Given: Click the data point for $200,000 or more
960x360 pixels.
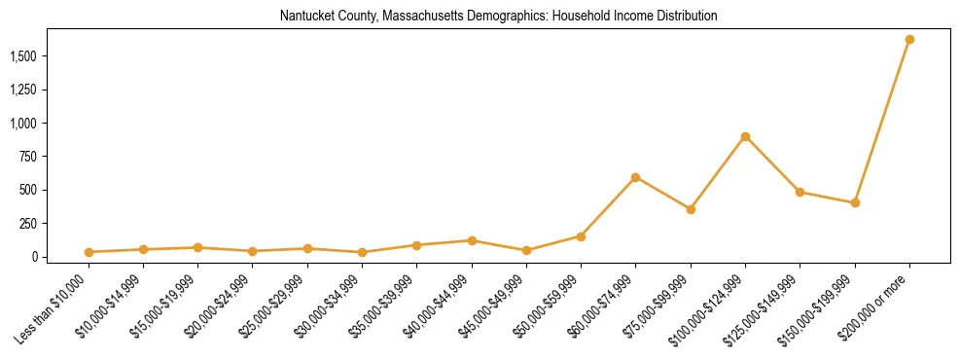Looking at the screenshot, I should coord(909,40).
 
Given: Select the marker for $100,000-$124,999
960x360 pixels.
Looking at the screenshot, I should coord(745,136).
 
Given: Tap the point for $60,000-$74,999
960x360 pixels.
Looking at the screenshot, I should coord(635,177).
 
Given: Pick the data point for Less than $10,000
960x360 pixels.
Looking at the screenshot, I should coord(89,252).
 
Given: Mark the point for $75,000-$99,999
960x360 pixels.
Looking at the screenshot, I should coord(691,209).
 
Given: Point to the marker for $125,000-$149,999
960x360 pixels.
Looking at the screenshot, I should coord(800,192).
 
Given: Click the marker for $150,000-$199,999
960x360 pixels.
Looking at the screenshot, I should coord(855,202).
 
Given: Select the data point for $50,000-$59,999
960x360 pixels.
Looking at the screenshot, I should coord(581,236).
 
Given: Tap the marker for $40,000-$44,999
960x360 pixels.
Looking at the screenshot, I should coord(472,240).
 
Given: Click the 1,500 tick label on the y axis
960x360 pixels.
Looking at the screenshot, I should coord(23,56).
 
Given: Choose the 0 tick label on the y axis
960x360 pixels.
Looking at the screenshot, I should coord(35,257).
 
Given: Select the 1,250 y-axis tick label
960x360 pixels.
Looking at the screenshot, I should coord(23,90).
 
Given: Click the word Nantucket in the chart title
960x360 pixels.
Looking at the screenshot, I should coord(303,17).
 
